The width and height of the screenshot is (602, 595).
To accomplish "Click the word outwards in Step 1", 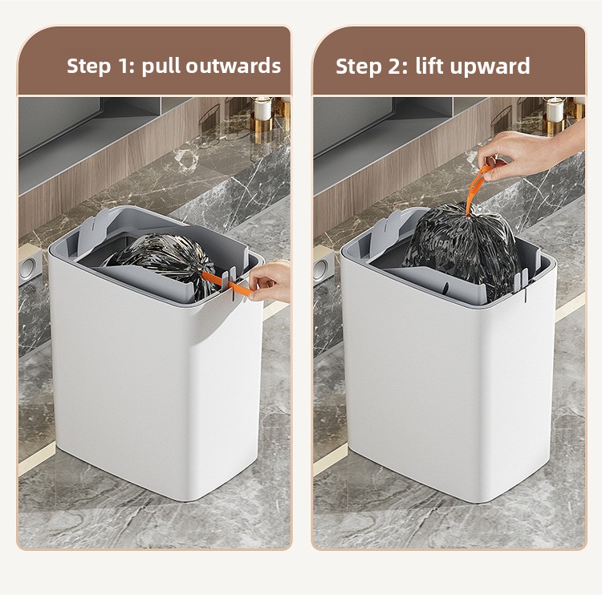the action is tap(234, 66).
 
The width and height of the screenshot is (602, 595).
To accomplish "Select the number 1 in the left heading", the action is tap(128, 66).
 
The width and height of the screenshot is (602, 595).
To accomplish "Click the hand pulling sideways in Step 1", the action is tap(270, 281).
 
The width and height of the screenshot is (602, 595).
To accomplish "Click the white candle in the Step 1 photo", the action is tap(263, 109).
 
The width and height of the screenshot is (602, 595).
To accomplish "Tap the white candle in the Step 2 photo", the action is tap(555, 110).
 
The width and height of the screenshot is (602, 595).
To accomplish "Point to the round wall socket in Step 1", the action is tap(29, 268).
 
